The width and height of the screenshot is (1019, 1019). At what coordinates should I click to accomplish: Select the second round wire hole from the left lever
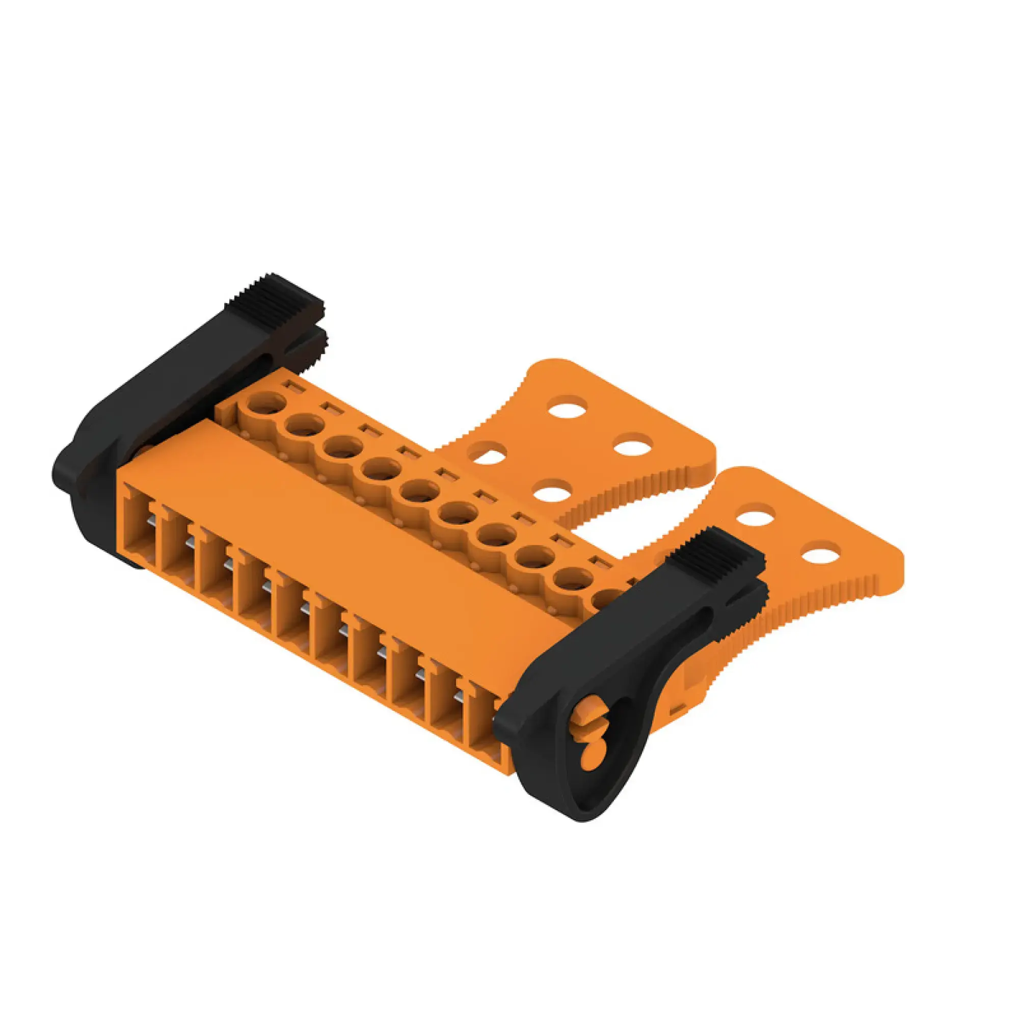pos(305,425)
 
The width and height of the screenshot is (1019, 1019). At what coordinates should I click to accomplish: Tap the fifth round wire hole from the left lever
pos(420,491)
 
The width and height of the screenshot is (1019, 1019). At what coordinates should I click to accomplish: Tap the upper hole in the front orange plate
pos(755,515)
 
